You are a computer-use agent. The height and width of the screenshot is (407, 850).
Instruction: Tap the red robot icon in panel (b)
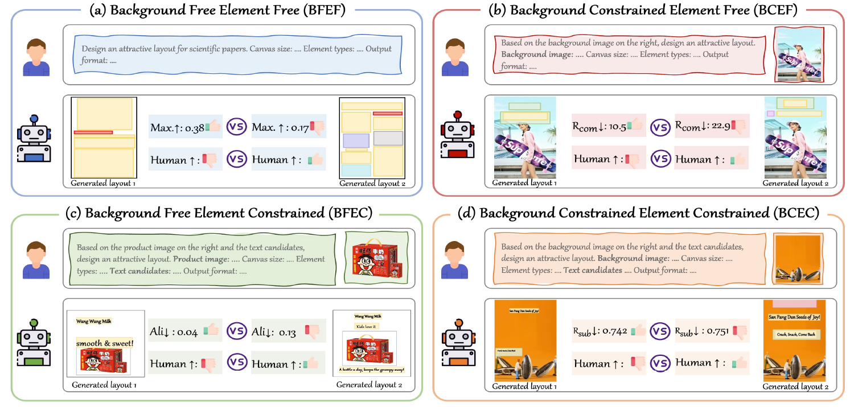[457, 137]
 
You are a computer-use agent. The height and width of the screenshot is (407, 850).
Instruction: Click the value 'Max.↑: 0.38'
[177, 127]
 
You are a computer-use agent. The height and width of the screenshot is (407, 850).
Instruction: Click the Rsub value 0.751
[702, 330]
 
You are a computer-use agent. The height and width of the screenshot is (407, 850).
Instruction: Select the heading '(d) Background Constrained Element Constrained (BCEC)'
[642, 213]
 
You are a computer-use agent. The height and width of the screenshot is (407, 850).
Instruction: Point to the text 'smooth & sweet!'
[105, 343]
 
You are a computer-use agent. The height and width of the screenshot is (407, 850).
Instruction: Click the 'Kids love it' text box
[367, 327]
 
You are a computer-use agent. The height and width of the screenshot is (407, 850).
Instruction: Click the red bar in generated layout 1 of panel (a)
[93, 132]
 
